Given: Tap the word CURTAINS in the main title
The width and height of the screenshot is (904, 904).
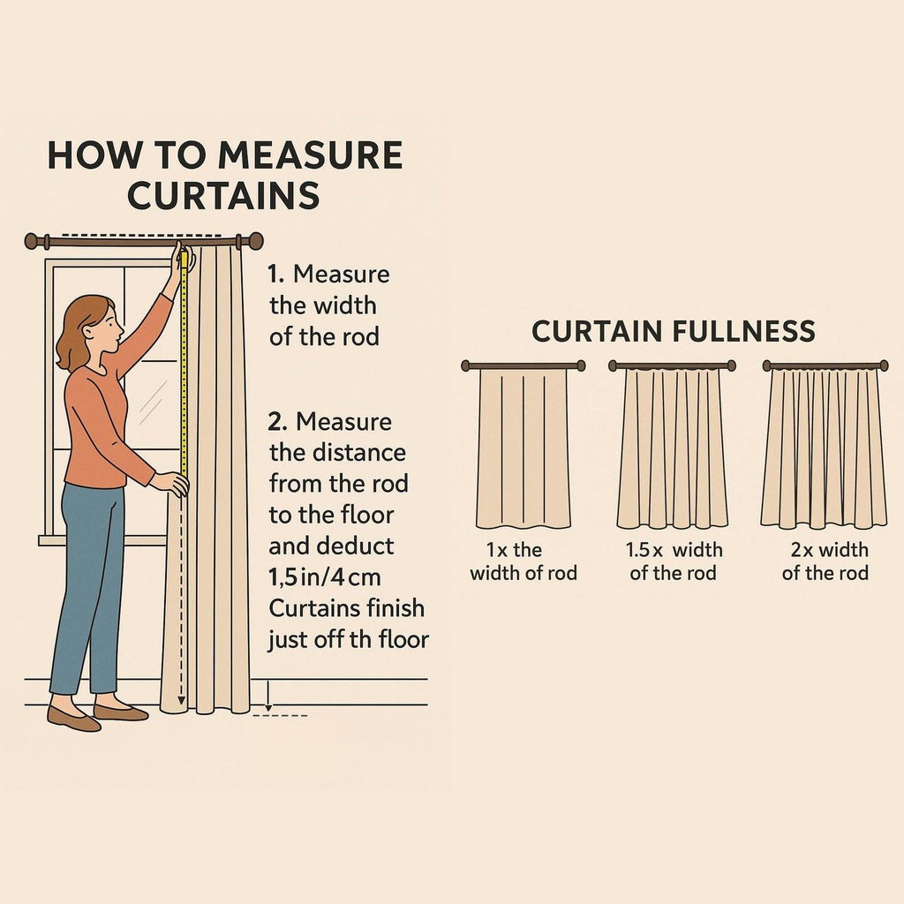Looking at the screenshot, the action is click(223, 195).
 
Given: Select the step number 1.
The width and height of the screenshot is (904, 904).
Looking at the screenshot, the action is click(275, 275).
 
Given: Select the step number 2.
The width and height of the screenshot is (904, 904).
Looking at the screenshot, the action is click(277, 423).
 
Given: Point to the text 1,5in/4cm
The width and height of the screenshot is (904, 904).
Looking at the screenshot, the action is click(325, 577).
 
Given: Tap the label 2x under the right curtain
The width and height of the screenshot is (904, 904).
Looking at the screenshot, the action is click(802, 550).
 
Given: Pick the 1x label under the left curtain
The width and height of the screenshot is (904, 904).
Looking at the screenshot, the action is click(497, 550).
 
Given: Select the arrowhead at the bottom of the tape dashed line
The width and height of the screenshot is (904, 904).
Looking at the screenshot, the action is click(182, 701).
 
